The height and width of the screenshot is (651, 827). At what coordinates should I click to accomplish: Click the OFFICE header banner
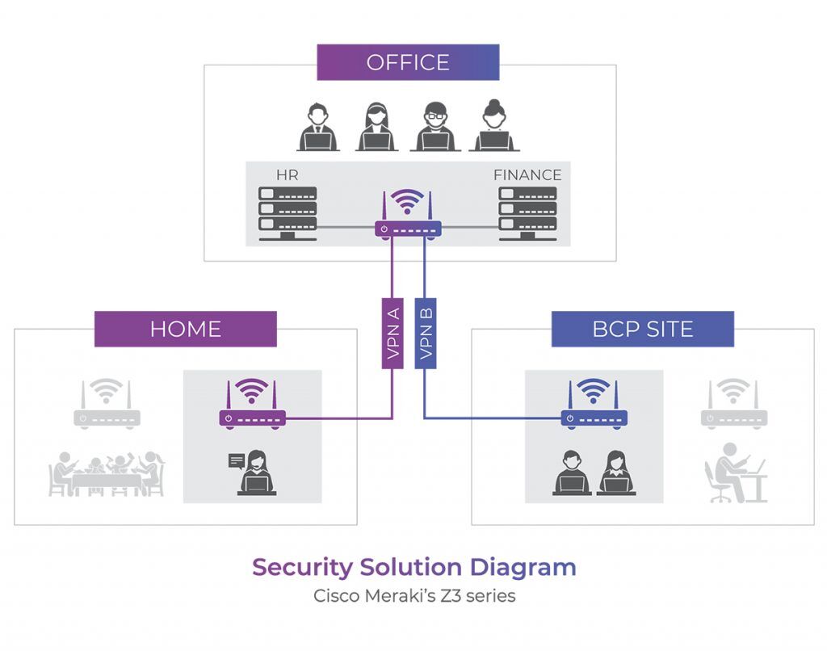tap(408, 62)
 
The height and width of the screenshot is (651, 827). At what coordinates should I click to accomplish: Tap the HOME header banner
tap(185, 329)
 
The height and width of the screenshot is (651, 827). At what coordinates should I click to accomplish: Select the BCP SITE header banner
tap(642, 329)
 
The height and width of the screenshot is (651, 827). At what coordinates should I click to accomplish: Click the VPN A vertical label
tap(393, 334)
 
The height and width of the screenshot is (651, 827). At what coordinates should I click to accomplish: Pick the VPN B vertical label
tap(426, 334)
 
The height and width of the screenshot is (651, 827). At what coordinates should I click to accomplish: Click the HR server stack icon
tap(288, 213)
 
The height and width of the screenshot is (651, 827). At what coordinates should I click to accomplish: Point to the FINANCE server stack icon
tap(527, 213)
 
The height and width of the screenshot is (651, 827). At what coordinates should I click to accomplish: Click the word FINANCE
tap(527, 174)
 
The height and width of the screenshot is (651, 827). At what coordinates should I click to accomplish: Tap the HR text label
tap(288, 174)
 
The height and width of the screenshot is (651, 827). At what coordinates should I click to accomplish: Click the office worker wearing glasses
tap(434, 127)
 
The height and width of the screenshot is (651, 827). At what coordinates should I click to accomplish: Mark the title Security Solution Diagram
tap(413, 567)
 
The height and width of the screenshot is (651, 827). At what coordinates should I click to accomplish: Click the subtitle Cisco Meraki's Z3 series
tap(413, 597)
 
